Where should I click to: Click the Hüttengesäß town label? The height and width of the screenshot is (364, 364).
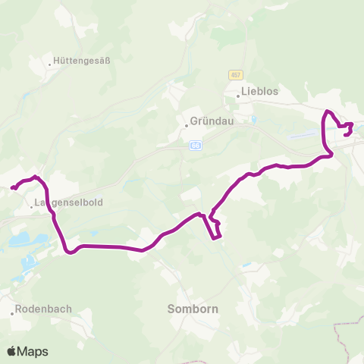point(84,62)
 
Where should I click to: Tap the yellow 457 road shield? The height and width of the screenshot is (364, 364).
point(234,74)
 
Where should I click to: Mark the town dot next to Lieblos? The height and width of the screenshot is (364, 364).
point(237,96)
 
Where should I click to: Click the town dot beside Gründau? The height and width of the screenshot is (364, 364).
point(186,124)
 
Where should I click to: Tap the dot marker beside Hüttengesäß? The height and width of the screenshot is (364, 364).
point(51,64)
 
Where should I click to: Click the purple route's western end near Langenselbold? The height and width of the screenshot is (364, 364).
point(11,188)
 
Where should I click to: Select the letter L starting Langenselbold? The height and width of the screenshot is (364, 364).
point(37,203)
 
